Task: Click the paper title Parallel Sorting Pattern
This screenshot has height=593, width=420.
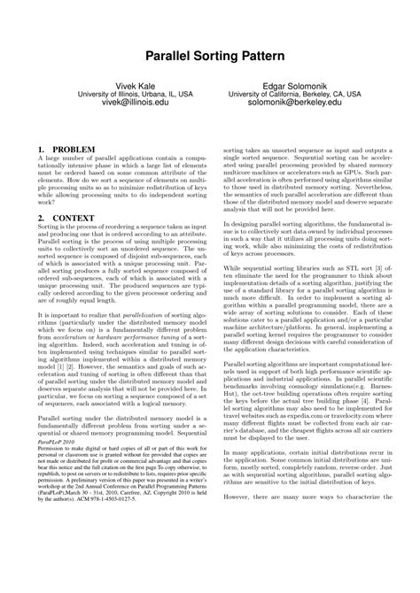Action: (x=209, y=56)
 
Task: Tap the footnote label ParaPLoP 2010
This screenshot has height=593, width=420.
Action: (x=56, y=494)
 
